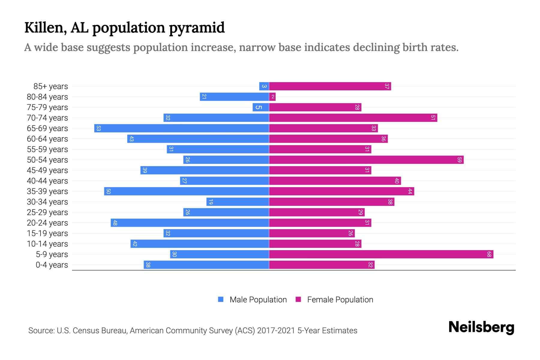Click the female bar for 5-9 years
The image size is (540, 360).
(x=381, y=254)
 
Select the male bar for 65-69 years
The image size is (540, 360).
(x=181, y=128)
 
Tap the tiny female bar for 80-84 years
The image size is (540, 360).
(x=272, y=97)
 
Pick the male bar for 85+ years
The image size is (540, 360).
(x=264, y=86)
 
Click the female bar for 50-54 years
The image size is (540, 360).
(x=366, y=160)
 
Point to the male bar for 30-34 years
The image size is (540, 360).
(x=238, y=202)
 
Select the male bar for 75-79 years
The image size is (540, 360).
(x=261, y=107)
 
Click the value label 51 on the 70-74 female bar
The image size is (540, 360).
(x=433, y=118)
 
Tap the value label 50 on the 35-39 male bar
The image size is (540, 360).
(x=109, y=191)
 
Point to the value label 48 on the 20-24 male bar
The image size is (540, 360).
(x=115, y=223)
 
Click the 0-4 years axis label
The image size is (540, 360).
(x=52, y=265)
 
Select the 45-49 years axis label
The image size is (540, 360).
(x=47, y=170)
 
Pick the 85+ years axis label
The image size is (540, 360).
(x=51, y=86)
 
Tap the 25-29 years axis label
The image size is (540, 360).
(x=47, y=212)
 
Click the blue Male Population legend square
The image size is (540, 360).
(x=221, y=299)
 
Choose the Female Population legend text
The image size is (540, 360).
(x=340, y=300)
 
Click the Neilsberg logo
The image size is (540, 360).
(x=481, y=327)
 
